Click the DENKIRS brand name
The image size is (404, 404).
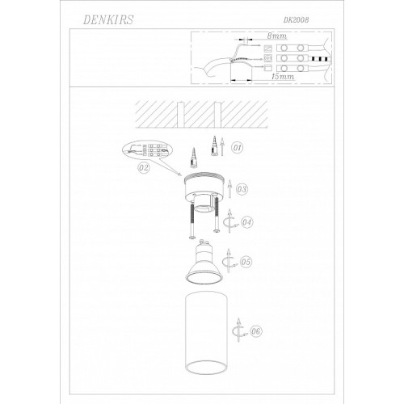[x=108, y=20]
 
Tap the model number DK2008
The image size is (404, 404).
[x=296, y=20]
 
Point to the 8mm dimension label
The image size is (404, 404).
[x=276, y=36]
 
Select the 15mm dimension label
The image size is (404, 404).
[x=283, y=77]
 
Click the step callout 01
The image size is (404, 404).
[x=237, y=148]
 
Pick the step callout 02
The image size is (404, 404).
[x=144, y=168]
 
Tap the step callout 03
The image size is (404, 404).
[x=242, y=189]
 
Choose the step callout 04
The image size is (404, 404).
[x=247, y=222]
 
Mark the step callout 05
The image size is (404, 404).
[x=246, y=262]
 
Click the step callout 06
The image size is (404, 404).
[x=256, y=331]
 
